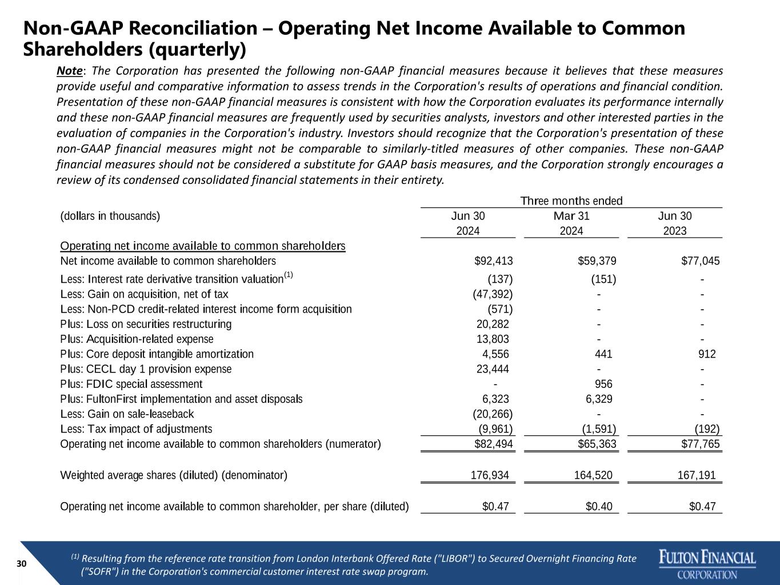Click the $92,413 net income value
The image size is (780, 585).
coord(494,261)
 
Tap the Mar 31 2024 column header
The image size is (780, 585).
coord(571,223)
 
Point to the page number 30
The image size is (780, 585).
coord(22,564)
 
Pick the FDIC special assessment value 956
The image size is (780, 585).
coord(603,384)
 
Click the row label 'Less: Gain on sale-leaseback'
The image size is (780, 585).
coord(127,414)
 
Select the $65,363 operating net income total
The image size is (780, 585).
coord(597,444)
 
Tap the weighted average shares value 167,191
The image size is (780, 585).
coord(697,475)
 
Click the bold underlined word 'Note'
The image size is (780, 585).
coord(70,71)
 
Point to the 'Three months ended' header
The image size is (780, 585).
coord(571,201)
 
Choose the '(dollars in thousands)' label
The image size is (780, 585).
coord(110,216)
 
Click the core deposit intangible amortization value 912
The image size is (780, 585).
coord(707,354)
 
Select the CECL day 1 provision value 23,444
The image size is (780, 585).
coord(493,369)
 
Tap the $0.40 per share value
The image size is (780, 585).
coord(599,506)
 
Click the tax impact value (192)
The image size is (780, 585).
coord(707,429)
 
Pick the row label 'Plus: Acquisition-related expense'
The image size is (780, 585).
coord(137,339)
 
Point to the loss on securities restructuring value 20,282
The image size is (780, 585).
coord(493,324)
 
